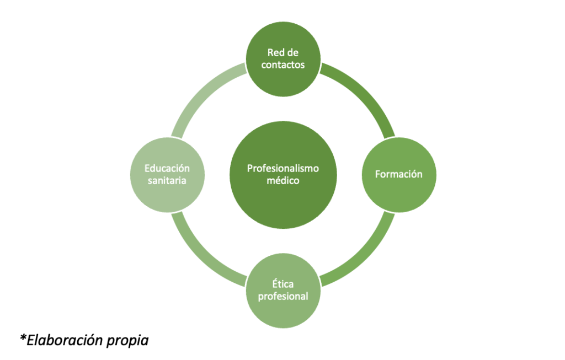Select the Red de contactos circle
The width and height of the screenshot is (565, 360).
282,58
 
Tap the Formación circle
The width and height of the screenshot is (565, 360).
398,174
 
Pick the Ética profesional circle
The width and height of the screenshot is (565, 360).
282,291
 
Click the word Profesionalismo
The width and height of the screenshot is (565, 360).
282,168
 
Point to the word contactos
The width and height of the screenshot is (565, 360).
282,65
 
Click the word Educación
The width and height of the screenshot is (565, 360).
167,168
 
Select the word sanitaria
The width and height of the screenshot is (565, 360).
167,180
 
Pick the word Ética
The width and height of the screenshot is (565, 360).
282,284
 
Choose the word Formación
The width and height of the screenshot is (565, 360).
398,174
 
